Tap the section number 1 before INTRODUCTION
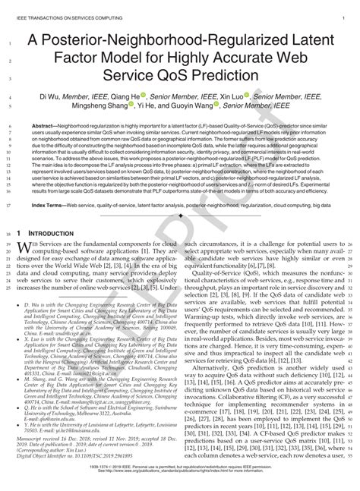pyautogui.click(x=30, y=234)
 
